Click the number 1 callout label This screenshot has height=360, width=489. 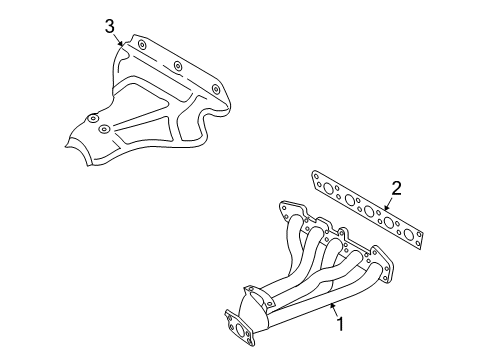pos(339,323)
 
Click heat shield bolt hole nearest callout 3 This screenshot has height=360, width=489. pos(141,47)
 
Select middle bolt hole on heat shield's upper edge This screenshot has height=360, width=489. pos(177,67)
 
